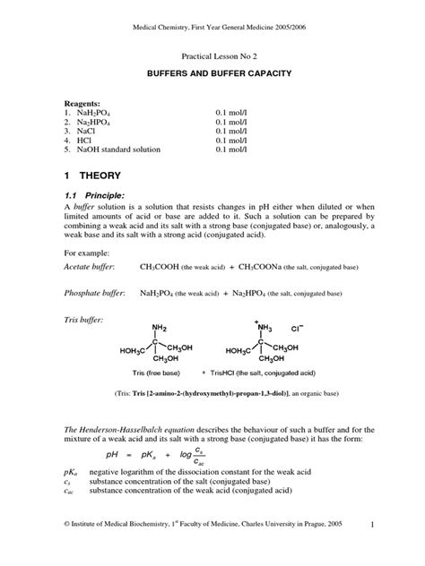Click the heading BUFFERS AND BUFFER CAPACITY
[212, 69]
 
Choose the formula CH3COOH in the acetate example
[160, 267]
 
